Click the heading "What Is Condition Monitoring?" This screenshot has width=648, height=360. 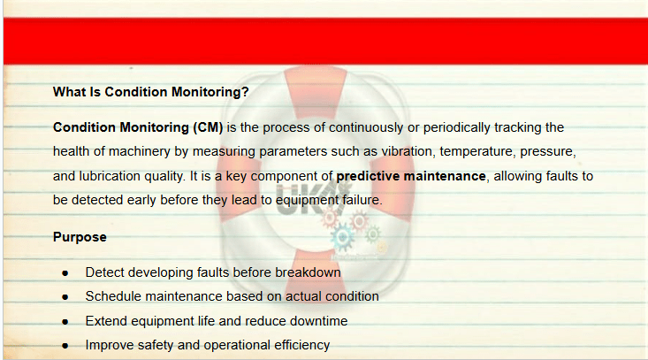tap(151, 92)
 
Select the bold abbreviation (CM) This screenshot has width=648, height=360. tap(208, 127)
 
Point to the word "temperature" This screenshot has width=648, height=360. tap(477, 151)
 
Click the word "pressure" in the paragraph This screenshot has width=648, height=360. tap(547, 152)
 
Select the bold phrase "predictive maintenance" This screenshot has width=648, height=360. tap(411, 176)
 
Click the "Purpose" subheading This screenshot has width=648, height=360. tap(80, 237)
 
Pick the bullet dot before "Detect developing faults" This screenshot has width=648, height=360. tap(65, 273)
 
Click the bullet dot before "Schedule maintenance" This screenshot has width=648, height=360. tap(65, 297)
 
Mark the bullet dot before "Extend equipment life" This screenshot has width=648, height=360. tap(65, 322)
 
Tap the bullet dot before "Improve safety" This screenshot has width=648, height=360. tap(65, 346)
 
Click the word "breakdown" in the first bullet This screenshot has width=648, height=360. tap(308, 272)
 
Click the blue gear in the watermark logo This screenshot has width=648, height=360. tap(343, 237)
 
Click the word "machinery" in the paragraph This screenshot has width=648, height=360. tap(140, 151)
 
